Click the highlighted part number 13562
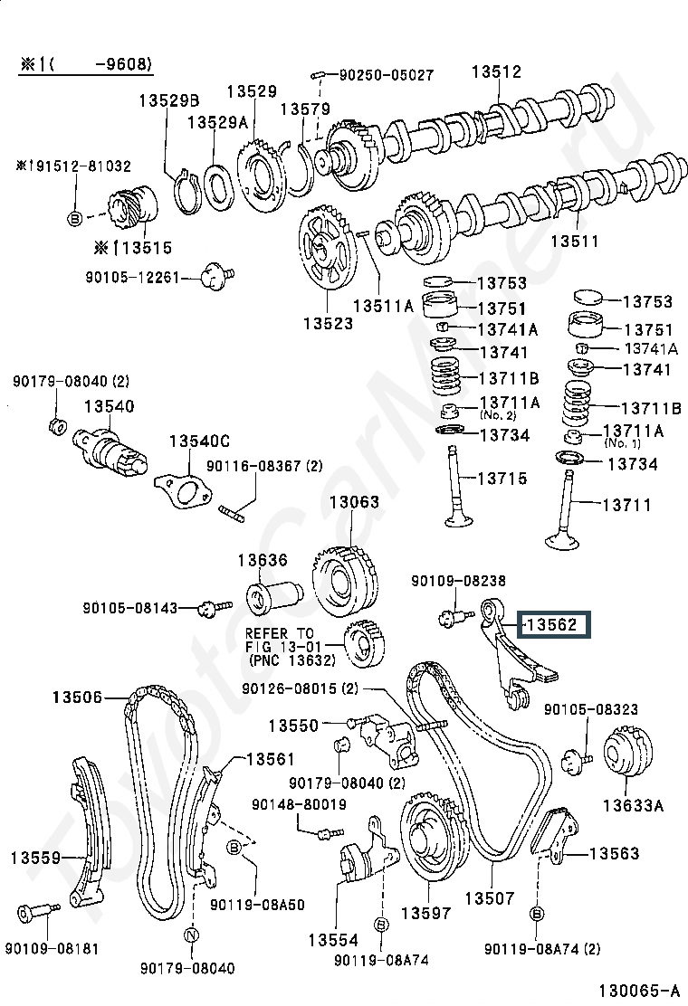pos(552,624)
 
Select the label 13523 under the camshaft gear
pos(328,323)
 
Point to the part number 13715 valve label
pos(502,478)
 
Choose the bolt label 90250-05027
pos(387,74)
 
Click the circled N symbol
pos(192,935)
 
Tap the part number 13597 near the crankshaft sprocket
pos(425,913)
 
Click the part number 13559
pos(35,856)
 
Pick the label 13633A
pos(633,803)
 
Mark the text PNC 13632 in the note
pos(289,660)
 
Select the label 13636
pos(262,561)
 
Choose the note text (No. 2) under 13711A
pos(498,415)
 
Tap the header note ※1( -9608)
pos(87,64)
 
